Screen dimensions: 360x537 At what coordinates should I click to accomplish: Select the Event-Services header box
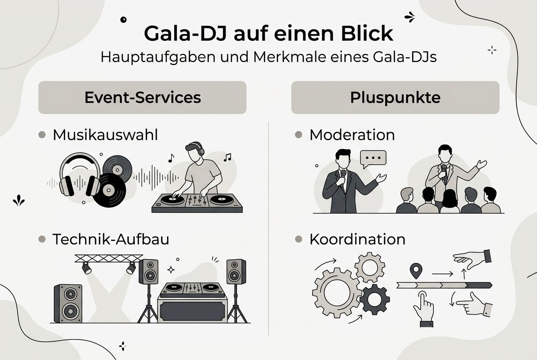click(142, 98)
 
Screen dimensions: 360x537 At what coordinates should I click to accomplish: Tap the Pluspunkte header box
click(395, 98)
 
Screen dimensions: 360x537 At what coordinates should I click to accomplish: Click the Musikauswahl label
click(105, 135)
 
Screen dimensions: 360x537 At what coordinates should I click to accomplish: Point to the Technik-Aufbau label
click(110, 239)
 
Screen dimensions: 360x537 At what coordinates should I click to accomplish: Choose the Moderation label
click(352, 135)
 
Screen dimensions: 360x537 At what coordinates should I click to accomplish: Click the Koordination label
click(357, 239)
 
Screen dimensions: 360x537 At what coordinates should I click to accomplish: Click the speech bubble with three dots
click(373, 157)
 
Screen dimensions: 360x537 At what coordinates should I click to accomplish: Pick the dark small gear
click(374, 299)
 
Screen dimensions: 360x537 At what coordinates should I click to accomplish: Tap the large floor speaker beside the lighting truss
click(68, 303)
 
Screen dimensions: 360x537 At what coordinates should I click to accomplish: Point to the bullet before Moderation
click(299, 135)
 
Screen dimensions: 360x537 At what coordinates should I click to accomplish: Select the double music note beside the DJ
click(228, 157)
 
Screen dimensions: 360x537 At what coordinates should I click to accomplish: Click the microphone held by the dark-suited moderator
click(343, 176)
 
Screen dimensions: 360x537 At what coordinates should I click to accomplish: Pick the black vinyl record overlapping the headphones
click(110, 190)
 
